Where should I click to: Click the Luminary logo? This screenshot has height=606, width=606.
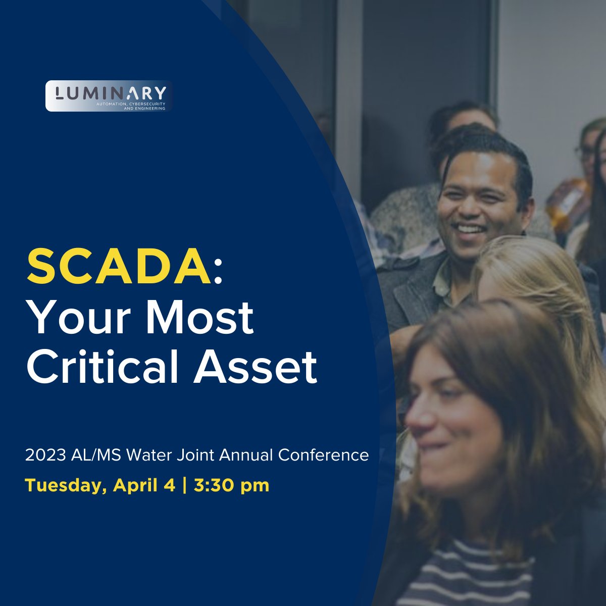pyautogui.click(x=109, y=96)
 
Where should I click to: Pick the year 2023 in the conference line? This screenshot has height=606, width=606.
pyautogui.click(x=43, y=455)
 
